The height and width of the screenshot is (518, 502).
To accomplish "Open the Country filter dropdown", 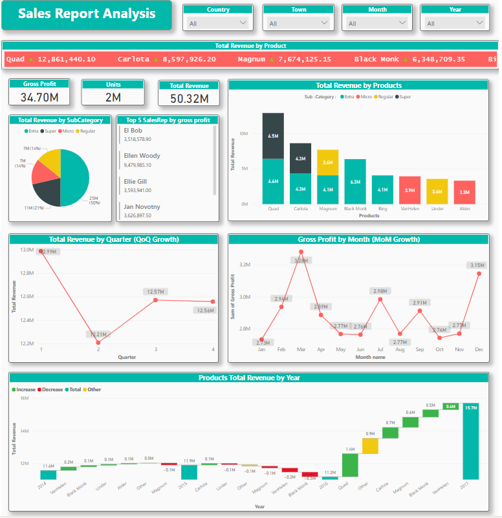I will pyautogui.click(x=217, y=23).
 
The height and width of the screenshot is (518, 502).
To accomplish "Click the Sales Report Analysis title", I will pyautogui.click(x=87, y=14).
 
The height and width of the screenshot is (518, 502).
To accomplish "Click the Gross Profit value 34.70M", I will pyautogui.click(x=40, y=97).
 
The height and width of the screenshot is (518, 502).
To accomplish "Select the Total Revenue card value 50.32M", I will pyautogui.click(x=189, y=98).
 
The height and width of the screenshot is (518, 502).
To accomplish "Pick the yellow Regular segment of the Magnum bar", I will pyautogui.click(x=328, y=162).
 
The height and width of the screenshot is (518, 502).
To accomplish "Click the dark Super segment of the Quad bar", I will pyautogui.click(x=273, y=136).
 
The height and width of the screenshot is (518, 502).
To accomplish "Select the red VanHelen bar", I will pyautogui.click(x=409, y=190).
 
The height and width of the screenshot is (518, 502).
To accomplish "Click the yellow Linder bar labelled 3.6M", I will pyautogui.click(x=437, y=191).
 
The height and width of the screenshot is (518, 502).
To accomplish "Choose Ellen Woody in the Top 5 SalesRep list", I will pyautogui.click(x=142, y=156).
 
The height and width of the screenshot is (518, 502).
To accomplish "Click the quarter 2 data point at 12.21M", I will pyautogui.click(x=98, y=342).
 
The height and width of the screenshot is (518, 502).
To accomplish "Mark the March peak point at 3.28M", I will pyautogui.click(x=301, y=252).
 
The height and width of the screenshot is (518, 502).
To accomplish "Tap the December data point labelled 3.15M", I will pyautogui.click(x=479, y=273).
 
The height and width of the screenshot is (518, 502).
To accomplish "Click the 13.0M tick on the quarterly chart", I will pyautogui.click(x=27, y=250).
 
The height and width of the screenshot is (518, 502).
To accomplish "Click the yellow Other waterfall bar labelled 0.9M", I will pyautogui.click(x=370, y=446).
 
